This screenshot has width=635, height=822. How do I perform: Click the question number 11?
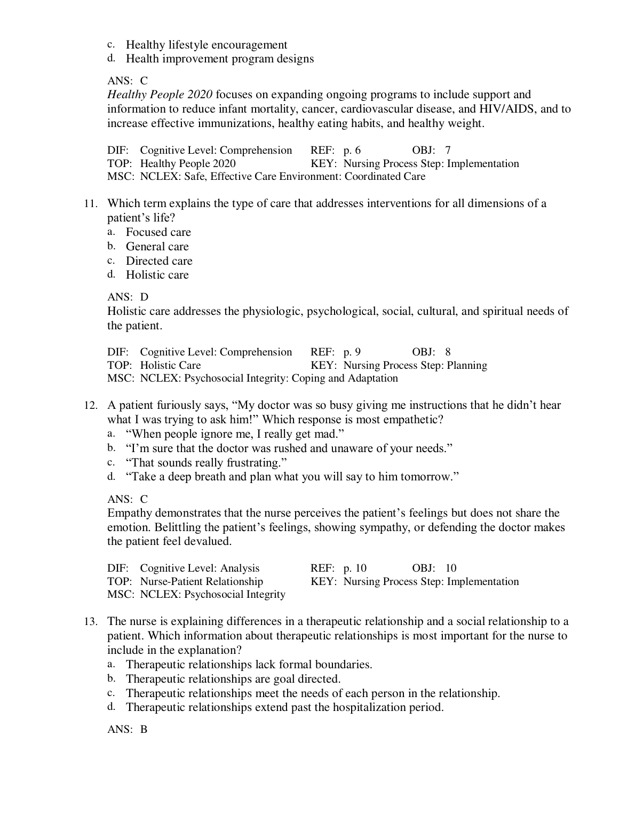pyautogui.click(x=91, y=203)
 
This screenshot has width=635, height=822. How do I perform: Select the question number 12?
pyautogui.click(x=91, y=406)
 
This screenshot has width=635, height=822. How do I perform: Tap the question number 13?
pyautogui.click(x=91, y=621)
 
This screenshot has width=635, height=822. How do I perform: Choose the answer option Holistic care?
pyautogui.click(x=157, y=275)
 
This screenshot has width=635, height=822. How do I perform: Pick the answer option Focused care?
pyautogui.click(x=158, y=232)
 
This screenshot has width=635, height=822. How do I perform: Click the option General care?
pyautogui.click(x=157, y=247)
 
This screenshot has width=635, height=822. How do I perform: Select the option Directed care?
pyautogui.click(x=159, y=261)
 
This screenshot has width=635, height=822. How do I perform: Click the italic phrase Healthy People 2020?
pyautogui.click(x=160, y=95)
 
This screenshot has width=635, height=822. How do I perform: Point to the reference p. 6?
pyautogui.click(x=352, y=151)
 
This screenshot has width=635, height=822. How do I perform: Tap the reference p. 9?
pyautogui.click(x=352, y=352)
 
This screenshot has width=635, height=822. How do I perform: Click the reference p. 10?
pyautogui.click(x=354, y=568)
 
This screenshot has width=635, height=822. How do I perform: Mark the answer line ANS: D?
pyautogui.click(x=128, y=297)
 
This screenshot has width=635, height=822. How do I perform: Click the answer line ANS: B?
pyautogui.click(x=128, y=729)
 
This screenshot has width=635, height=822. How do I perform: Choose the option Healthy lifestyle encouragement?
pyautogui.click(x=207, y=45)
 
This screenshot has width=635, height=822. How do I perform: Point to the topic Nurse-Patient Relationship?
pyautogui.click(x=201, y=582)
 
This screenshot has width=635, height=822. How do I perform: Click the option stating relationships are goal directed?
pyautogui.click(x=233, y=679)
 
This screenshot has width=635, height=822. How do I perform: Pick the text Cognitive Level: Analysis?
pyautogui.click(x=200, y=568)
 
